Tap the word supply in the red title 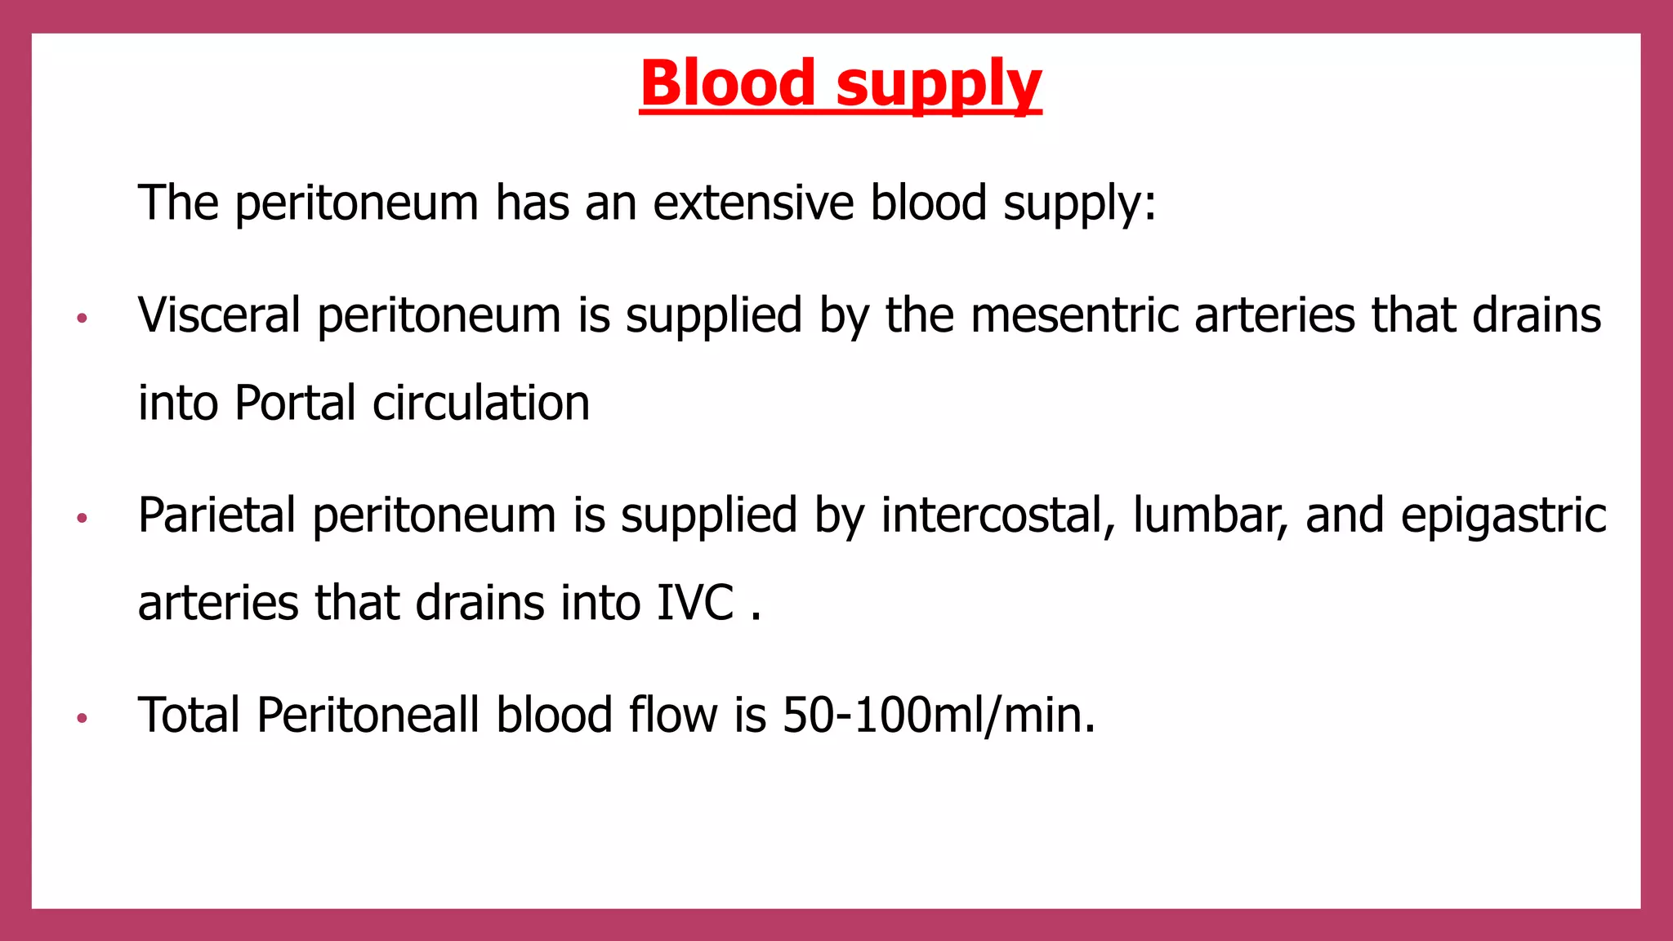click(939, 85)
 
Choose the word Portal click(295, 403)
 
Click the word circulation click(481, 403)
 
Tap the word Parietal click(216, 515)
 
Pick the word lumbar click(1210, 515)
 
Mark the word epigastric click(1503, 517)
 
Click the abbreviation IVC click(695, 603)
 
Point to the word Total click(189, 715)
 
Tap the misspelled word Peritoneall click(368, 715)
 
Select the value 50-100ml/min click(939, 715)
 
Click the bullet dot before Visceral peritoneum click(82, 318)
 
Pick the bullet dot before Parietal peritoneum click(82, 518)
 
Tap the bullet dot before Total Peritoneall click(82, 718)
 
